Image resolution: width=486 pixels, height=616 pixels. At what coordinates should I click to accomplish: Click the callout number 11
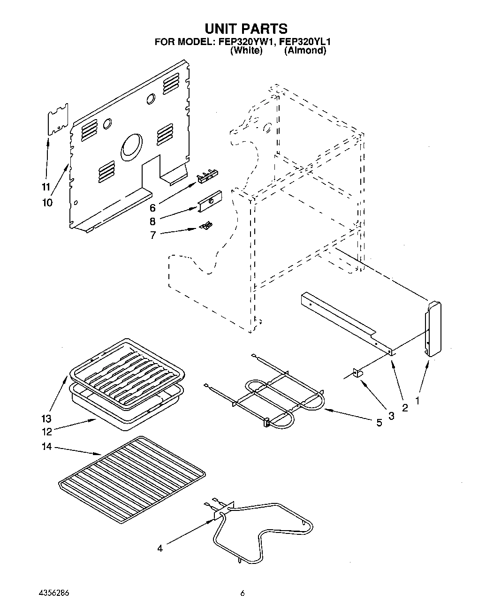tap(46, 187)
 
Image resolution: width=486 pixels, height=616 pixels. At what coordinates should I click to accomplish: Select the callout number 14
tap(46, 447)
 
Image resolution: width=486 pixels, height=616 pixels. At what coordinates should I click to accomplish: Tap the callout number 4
tap(160, 548)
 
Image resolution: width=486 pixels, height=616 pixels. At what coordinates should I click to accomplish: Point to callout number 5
tap(379, 422)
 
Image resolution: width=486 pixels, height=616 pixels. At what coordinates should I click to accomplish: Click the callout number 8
tap(152, 221)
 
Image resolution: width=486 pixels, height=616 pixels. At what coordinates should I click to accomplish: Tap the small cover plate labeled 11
tap(59, 120)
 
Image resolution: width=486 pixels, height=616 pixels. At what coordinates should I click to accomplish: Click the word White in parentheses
tap(246, 51)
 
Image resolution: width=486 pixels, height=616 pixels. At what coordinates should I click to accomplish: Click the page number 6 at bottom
tap(243, 593)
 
